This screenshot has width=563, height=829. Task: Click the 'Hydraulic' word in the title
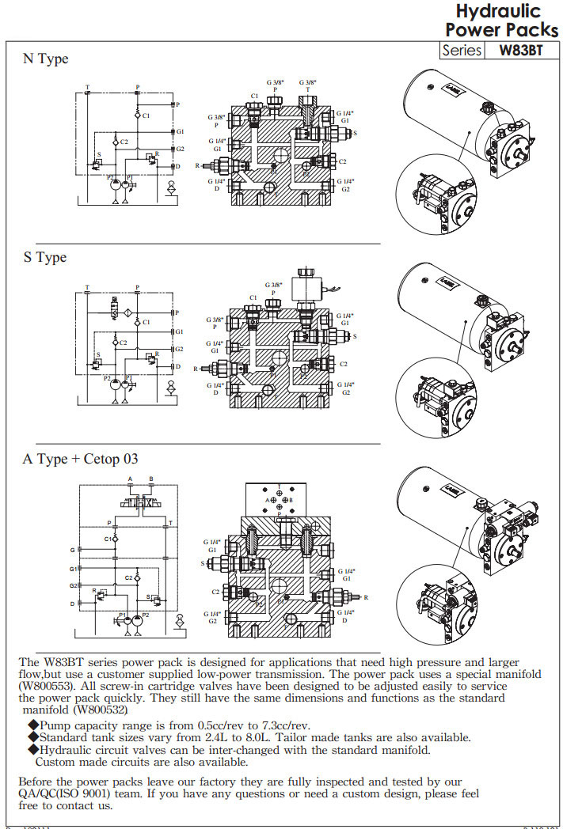498,11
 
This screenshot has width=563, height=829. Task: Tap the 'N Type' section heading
45,59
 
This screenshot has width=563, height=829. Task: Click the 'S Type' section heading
44,258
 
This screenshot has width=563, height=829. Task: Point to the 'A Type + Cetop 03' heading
81,459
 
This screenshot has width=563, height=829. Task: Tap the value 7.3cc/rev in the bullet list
283,725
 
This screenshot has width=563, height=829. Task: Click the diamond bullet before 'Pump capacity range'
33,725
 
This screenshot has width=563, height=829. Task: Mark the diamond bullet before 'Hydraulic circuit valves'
33,749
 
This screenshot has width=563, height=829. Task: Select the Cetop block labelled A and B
279,498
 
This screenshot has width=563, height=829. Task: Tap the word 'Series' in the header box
462,50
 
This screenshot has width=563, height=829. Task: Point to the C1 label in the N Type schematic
146,116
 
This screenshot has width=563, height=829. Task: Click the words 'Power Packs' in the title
501,30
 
